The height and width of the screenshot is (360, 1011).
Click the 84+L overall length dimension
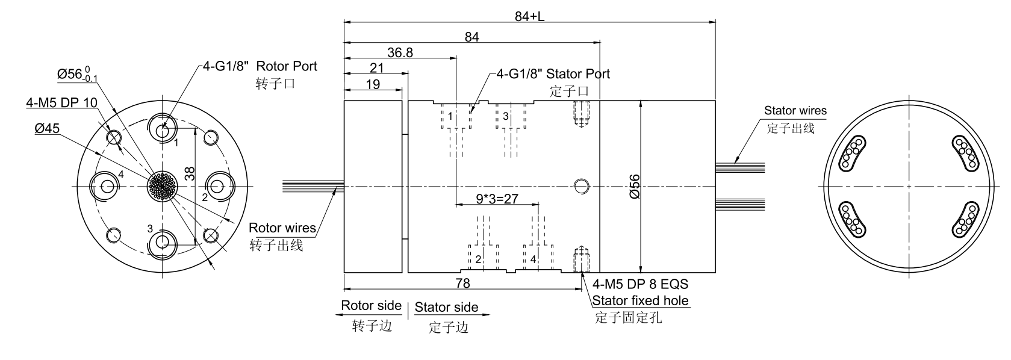pyautogui.click(x=529, y=16)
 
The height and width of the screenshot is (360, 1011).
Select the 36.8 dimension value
pyautogui.click(x=400, y=52)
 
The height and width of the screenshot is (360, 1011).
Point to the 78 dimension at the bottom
pyautogui.click(x=462, y=283)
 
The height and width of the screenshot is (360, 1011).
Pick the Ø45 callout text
pyautogui.click(x=47, y=128)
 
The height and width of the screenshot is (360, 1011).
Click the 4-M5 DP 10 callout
pyautogui.click(x=61, y=102)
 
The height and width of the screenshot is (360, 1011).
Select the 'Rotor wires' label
pyautogui.click(x=282, y=228)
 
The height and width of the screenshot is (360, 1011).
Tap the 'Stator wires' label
pyautogui.click(x=795, y=111)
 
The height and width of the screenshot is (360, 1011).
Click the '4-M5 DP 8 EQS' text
pyautogui.click(x=640, y=284)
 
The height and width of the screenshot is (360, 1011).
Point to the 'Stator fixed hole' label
pyautogui.click(x=640, y=300)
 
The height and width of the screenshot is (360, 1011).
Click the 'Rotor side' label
pyautogui.click(x=371, y=306)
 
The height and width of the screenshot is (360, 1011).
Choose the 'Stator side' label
pyautogui.click(x=446, y=308)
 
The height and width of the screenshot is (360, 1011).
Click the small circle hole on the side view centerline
pyautogui.click(x=581, y=186)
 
